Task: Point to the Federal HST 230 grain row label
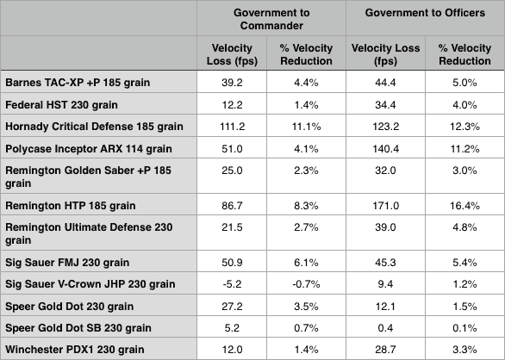(x=58, y=103)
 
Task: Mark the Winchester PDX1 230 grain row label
(x=76, y=349)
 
